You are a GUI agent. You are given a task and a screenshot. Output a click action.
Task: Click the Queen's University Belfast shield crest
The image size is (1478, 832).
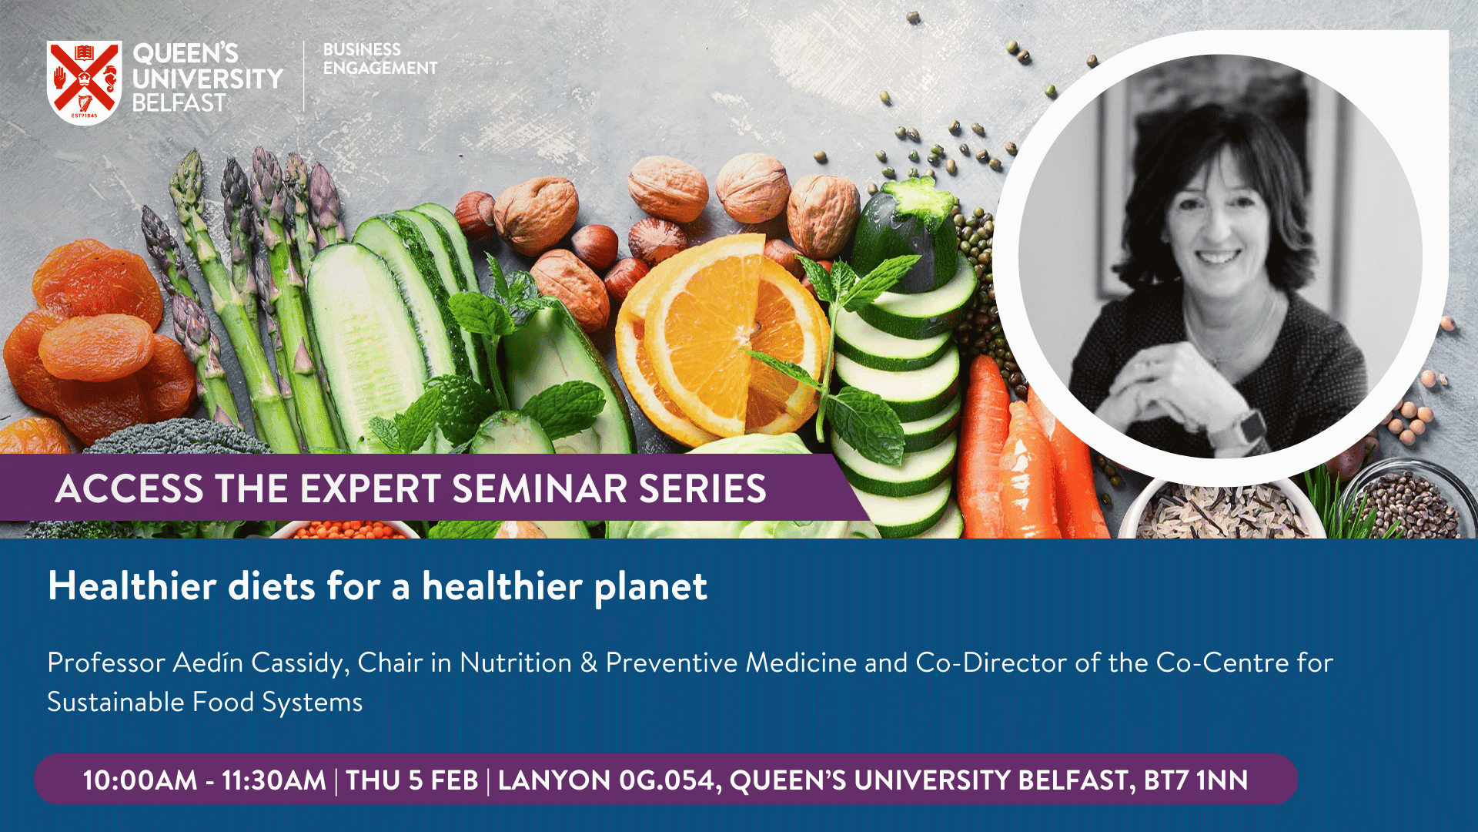84,82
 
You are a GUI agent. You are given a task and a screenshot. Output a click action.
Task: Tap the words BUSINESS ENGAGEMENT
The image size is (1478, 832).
380,59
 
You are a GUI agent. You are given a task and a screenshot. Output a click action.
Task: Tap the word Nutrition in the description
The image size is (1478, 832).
516,663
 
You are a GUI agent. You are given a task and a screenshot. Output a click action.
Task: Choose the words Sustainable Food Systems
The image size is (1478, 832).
205,703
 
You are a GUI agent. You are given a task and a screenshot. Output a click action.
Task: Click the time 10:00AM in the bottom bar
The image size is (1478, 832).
140,780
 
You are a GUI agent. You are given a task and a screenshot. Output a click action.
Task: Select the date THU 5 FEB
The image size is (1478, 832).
412,780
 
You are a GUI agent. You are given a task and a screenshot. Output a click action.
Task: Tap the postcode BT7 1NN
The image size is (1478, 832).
1195,780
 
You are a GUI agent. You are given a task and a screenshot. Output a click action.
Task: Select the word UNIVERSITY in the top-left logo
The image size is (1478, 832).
208,78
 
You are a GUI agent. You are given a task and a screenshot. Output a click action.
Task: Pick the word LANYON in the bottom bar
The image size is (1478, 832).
554,780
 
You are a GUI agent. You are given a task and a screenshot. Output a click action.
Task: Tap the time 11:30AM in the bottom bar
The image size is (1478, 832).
274,780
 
